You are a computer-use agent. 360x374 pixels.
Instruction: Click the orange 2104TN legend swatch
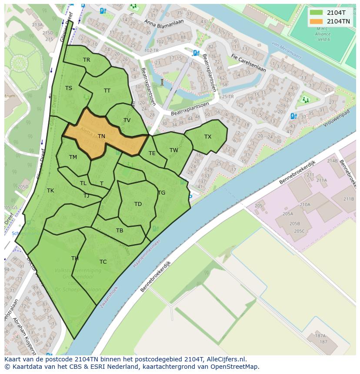click(x=317, y=21)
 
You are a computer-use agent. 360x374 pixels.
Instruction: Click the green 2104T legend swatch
click(x=317, y=12)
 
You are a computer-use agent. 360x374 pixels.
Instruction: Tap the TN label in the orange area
click(x=101, y=136)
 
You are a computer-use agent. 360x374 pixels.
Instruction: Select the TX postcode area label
click(x=208, y=137)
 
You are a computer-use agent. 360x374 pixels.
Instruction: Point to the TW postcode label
click(x=174, y=150)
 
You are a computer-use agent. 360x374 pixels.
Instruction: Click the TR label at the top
click(x=87, y=60)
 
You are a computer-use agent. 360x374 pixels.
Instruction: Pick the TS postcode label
click(x=69, y=88)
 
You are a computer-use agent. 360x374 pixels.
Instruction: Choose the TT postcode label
click(x=107, y=91)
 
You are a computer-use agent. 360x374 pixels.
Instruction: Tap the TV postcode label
click(x=127, y=120)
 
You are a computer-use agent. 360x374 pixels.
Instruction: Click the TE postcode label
click(x=152, y=153)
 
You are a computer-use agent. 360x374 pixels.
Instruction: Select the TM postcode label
click(x=73, y=157)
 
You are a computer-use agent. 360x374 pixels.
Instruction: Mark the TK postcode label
click(x=50, y=191)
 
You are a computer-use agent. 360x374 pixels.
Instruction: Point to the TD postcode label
click(x=138, y=204)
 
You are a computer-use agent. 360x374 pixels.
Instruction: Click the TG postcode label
click(x=161, y=193)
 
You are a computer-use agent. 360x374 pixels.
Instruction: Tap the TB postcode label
click(x=120, y=231)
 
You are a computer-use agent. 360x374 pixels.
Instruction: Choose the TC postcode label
click(x=103, y=262)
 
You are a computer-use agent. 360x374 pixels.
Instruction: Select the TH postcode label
click(x=75, y=258)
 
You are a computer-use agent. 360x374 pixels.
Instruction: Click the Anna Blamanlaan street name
click(x=164, y=23)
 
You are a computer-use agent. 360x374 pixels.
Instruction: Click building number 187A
click(x=320, y=336)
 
